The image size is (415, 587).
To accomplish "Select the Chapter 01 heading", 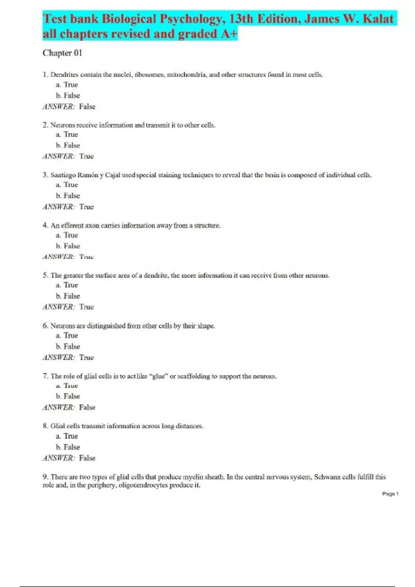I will [62, 53].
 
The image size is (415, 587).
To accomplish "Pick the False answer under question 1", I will [87, 107].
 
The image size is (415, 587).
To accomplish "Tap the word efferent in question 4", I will [72, 225].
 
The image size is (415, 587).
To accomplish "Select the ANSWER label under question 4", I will [58, 257].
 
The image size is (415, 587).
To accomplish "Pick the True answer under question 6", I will [86, 357].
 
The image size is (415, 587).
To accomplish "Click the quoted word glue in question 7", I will [158, 376].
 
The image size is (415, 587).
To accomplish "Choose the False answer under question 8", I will [87, 458].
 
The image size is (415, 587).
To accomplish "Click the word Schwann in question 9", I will [327, 477].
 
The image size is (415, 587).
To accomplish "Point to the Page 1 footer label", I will [390, 494].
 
